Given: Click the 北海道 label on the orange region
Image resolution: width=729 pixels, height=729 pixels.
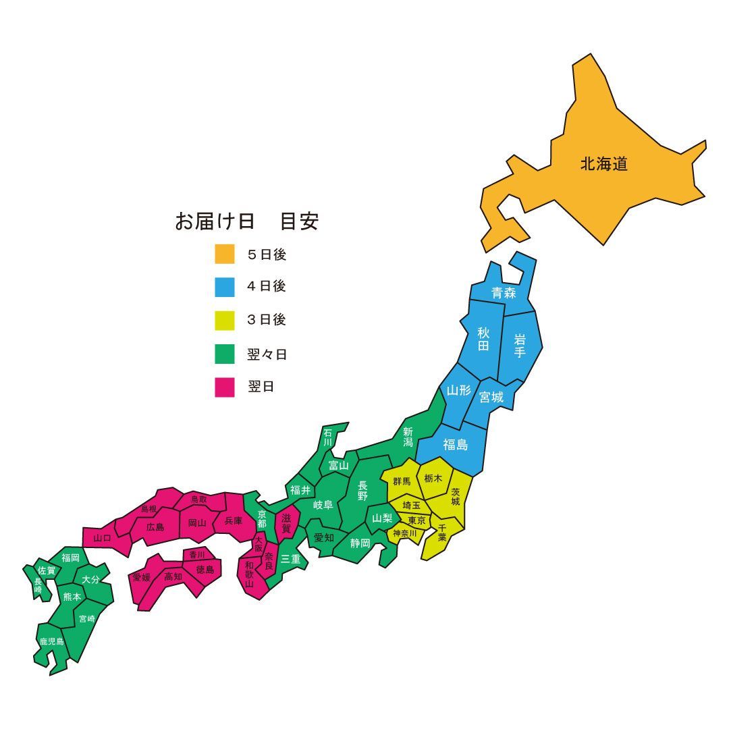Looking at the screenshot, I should tap(603, 164).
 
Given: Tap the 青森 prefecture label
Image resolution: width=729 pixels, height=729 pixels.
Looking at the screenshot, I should tap(504, 293).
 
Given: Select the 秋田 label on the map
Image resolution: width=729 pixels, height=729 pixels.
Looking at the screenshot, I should tap(483, 339).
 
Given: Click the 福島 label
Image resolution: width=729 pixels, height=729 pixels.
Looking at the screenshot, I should tap(455, 445).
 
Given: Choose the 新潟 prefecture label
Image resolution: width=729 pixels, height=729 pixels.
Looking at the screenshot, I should tap(408, 437).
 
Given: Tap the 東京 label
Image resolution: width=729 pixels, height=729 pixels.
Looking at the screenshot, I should tap(416, 520).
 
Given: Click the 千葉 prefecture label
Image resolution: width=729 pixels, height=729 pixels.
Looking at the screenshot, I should tap(442, 533).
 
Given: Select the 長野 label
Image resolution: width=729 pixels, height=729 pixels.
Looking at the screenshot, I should tap(362, 491).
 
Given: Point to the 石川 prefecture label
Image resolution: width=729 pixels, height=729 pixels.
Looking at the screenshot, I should tap(328, 437).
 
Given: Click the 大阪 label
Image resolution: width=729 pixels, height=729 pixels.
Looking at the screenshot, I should tap(259, 543).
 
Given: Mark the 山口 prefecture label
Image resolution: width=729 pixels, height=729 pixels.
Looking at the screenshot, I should tap(102, 538).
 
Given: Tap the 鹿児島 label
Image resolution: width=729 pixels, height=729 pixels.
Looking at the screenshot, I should tap(51, 641).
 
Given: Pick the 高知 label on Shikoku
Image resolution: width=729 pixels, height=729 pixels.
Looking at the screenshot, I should tap(173, 576).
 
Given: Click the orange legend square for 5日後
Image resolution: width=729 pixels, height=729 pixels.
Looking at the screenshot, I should tap(225, 254).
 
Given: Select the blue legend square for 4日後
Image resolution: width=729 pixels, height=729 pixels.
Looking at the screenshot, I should tap(225, 287).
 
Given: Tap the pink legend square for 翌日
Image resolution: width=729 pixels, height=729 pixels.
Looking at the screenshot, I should tap(225, 387).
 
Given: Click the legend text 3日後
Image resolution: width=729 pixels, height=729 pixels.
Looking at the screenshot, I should tap(267, 320).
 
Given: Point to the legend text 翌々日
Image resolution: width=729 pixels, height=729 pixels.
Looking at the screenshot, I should tap(267, 354).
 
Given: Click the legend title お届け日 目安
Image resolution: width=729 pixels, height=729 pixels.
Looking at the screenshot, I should tap(246, 221).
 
